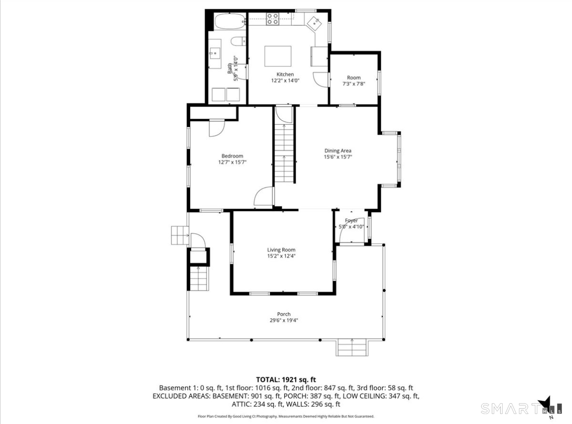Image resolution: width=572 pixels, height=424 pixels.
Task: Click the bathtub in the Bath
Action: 230,21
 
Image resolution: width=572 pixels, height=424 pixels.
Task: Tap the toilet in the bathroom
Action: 239,41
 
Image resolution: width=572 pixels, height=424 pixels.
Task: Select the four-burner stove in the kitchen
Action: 272,19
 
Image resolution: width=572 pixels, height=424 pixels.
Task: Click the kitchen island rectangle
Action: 277,56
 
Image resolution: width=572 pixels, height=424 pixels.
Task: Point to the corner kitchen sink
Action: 314,22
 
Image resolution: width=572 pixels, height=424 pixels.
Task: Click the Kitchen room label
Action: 285,74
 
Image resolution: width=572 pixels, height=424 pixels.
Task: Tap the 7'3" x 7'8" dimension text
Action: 353,84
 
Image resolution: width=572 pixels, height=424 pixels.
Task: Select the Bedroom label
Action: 232,156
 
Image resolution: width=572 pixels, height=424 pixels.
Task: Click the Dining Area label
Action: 338,151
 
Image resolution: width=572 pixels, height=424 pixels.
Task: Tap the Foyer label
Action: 351,221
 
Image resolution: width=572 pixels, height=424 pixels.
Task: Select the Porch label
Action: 284,314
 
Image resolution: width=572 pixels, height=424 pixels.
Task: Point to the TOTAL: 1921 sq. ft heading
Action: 286,379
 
